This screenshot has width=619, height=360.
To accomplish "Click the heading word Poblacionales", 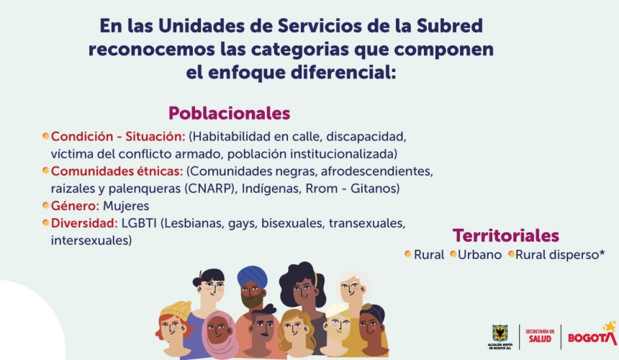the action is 230,113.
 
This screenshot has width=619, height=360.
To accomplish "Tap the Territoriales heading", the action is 506,235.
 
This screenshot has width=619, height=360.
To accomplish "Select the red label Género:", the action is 75,206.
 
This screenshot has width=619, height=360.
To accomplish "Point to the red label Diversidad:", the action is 84,223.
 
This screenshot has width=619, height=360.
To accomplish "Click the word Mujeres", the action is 126,206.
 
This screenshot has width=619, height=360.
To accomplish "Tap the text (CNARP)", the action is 210,189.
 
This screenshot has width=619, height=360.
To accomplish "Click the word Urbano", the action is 479,255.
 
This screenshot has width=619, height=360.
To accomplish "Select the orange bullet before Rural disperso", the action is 511,254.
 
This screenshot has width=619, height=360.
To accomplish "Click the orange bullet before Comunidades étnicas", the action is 46,171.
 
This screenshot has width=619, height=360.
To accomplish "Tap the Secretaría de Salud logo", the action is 540,336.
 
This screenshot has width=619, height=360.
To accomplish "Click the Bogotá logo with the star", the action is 592,334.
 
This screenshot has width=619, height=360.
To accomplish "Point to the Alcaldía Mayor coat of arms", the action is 500,333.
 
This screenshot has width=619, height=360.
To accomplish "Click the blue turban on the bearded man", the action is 252,277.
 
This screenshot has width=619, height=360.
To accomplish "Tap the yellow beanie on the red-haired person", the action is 176,310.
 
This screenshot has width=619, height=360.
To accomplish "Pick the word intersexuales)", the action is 91,240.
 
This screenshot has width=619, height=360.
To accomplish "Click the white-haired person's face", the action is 352,289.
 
